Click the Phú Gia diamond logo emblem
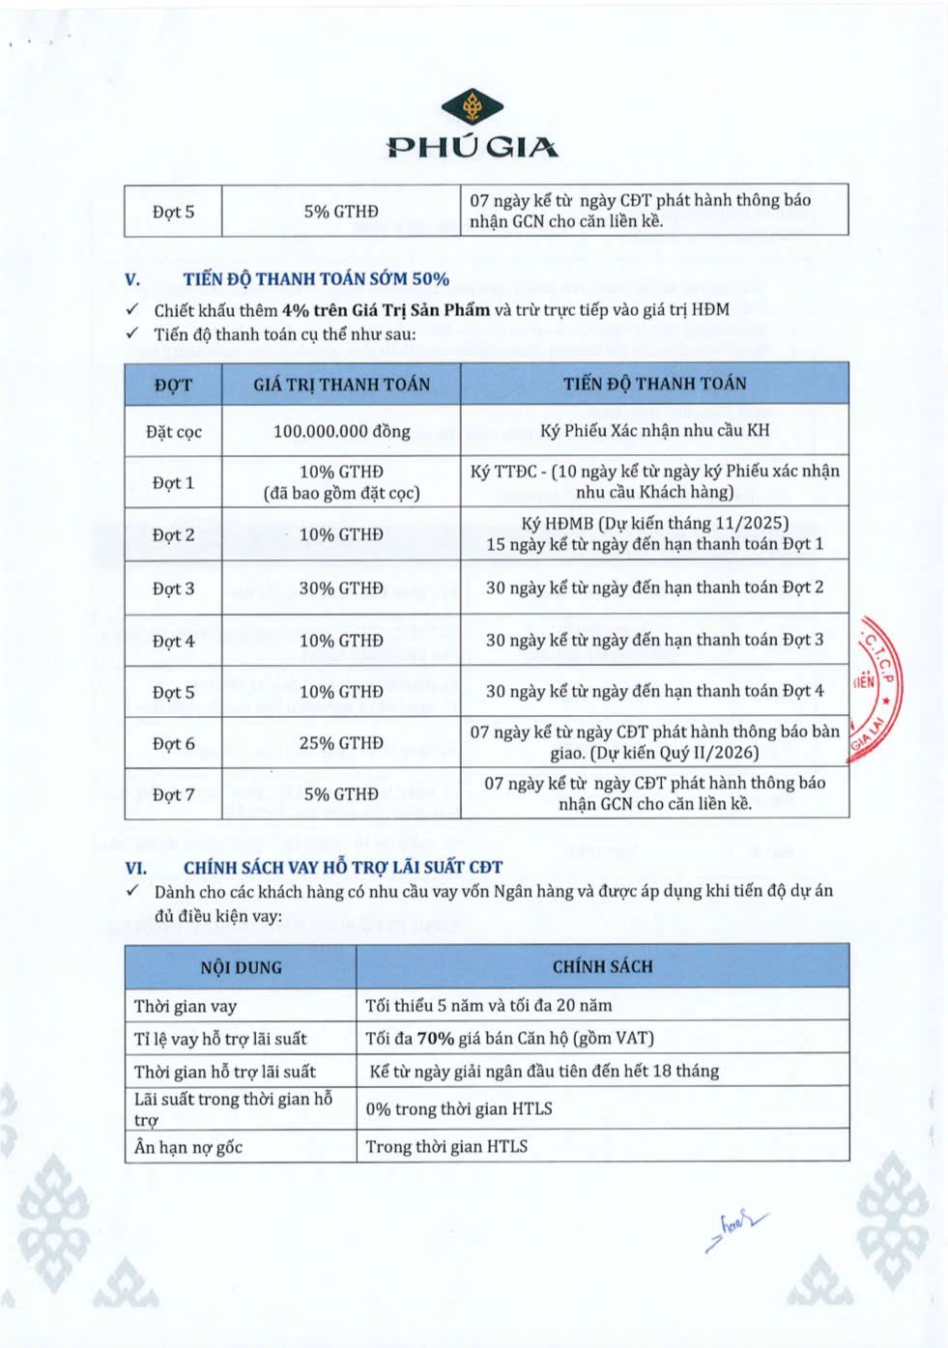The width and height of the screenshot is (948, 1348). (473, 107)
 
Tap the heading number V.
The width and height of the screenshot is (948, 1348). (132, 279)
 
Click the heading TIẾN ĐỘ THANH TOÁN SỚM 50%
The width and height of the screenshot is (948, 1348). (316, 279)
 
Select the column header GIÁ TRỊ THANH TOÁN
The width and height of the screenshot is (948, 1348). (341, 385)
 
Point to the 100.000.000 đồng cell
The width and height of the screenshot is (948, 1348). (341, 431)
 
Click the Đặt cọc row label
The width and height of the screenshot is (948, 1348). (174, 432)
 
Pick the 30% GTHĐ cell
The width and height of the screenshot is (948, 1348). (341, 588)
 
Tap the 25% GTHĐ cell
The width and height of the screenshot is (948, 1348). (341, 743)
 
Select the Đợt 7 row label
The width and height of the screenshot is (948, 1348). (174, 794)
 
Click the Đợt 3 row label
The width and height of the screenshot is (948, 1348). (174, 588)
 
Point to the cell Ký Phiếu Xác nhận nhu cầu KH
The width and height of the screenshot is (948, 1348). (654, 430)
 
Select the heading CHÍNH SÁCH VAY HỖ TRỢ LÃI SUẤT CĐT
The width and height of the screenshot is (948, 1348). (343, 868)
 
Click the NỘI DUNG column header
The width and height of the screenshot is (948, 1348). (241, 967)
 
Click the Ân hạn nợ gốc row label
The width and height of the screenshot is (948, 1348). (188, 1147)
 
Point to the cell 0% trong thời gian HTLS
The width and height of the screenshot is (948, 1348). (459, 1108)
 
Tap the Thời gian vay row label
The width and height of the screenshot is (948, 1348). (186, 1006)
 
